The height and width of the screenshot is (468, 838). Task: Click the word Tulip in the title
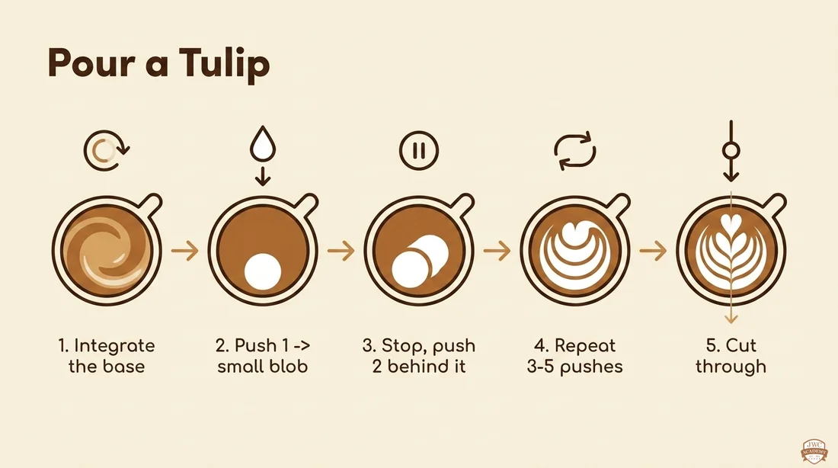[224, 64]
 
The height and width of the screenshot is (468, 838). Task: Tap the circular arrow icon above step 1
[107, 150]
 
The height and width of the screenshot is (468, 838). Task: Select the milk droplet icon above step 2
[262, 143]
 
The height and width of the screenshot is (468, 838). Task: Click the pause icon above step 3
[419, 150]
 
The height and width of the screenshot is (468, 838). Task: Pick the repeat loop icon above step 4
[574, 151]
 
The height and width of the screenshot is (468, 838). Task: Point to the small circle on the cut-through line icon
[731, 150]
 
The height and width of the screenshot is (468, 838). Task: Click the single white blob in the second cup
[262, 271]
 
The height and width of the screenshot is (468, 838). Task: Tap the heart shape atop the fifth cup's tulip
[731, 223]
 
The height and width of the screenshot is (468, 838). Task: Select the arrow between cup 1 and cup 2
[185, 250]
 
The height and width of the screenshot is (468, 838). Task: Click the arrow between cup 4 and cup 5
[653, 250]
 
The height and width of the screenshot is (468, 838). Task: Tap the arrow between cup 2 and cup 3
[341, 250]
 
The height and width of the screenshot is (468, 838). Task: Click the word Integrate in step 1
[114, 346]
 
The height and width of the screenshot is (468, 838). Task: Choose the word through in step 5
[731, 367]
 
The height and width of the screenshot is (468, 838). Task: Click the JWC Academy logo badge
[814, 451]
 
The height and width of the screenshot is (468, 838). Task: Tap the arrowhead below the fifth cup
[731, 319]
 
